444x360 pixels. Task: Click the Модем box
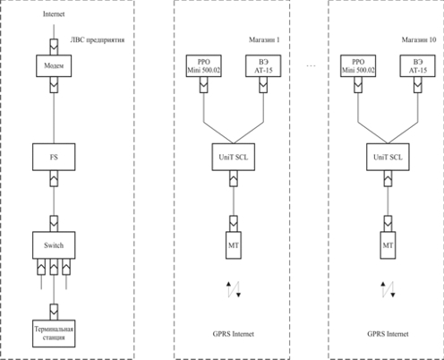(x=54, y=65)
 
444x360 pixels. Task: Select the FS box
(x=54, y=157)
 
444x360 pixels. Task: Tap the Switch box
(x=54, y=245)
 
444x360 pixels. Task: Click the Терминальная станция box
(x=54, y=333)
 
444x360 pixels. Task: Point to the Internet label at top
(x=54, y=14)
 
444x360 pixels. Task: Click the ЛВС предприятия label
(x=98, y=40)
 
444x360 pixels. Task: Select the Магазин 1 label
(x=264, y=39)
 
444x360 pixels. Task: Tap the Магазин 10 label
(x=419, y=39)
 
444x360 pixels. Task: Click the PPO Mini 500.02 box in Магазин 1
(x=204, y=66)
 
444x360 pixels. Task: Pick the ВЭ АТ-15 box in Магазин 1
(x=263, y=66)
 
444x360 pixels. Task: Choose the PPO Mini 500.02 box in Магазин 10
(x=358, y=66)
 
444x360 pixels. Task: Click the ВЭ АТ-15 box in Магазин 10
(x=418, y=66)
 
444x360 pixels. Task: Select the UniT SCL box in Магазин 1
(x=234, y=157)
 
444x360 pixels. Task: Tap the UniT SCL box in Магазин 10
(x=388, y=157)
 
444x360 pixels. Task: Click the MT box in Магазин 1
(x=234, y=245)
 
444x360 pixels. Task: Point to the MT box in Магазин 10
(x=388, y=245)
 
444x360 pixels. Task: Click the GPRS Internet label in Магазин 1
(x=234, y=334)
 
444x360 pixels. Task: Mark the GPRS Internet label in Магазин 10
(x=388, y=334)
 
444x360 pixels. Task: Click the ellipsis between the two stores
(x=311, y=65)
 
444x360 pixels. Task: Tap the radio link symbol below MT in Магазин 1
(x=234, y=289)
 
